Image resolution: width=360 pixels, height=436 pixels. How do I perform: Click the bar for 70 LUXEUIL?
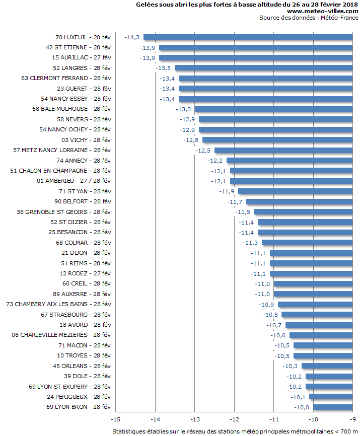pyautogui.click(x=248, y=37)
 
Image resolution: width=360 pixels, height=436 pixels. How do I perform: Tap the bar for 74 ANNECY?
pyautogui.click(x=290, y=161)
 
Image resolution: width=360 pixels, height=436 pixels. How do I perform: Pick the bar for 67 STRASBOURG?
pyautogui.click(x=317, y=315)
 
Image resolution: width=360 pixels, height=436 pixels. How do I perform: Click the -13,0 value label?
pyautogui.click(x=183, y=109)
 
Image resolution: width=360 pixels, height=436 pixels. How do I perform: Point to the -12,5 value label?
pyautogui.click(x=203, y=151)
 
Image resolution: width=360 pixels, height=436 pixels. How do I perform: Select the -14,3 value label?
pyautogui.click(x=132, y=37)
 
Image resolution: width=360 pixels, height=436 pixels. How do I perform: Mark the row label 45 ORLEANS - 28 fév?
pyautogui.click(x=82, y=366)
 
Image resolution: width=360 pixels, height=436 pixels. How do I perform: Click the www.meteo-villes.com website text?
pyautogui.click(x=322, y=11)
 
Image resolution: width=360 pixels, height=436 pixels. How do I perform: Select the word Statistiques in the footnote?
pyautogui.click(x=129, y=431)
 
